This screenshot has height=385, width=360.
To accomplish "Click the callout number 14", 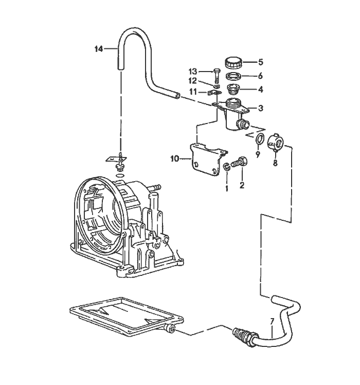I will pyautogui.click(x=99, y=49).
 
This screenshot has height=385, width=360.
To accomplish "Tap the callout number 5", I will pyautogui.click(x=260, y=62).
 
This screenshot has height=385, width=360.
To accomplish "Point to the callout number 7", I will pyautogui.click(x=273, y=323).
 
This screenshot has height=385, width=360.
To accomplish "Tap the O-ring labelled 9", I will pyautogui.click(x=260, y=139).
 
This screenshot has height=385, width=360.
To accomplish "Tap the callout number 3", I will pyautogui.click(x=261, y=108).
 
